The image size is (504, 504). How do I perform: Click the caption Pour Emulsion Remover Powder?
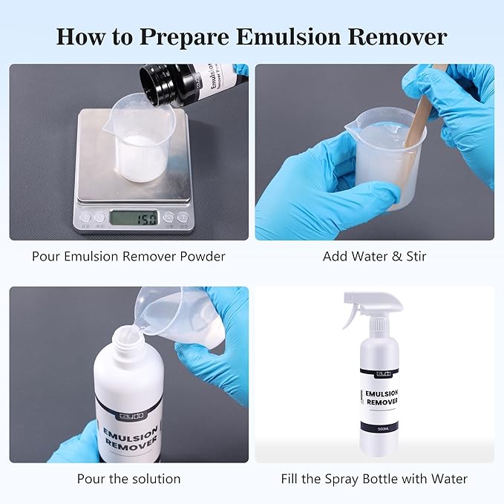(x=128, y=257)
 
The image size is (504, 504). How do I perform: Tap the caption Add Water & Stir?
(x=374, y=257)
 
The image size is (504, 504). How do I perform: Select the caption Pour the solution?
(x=128, y=479)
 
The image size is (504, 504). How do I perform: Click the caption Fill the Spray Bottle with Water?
(x=374, y=479)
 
